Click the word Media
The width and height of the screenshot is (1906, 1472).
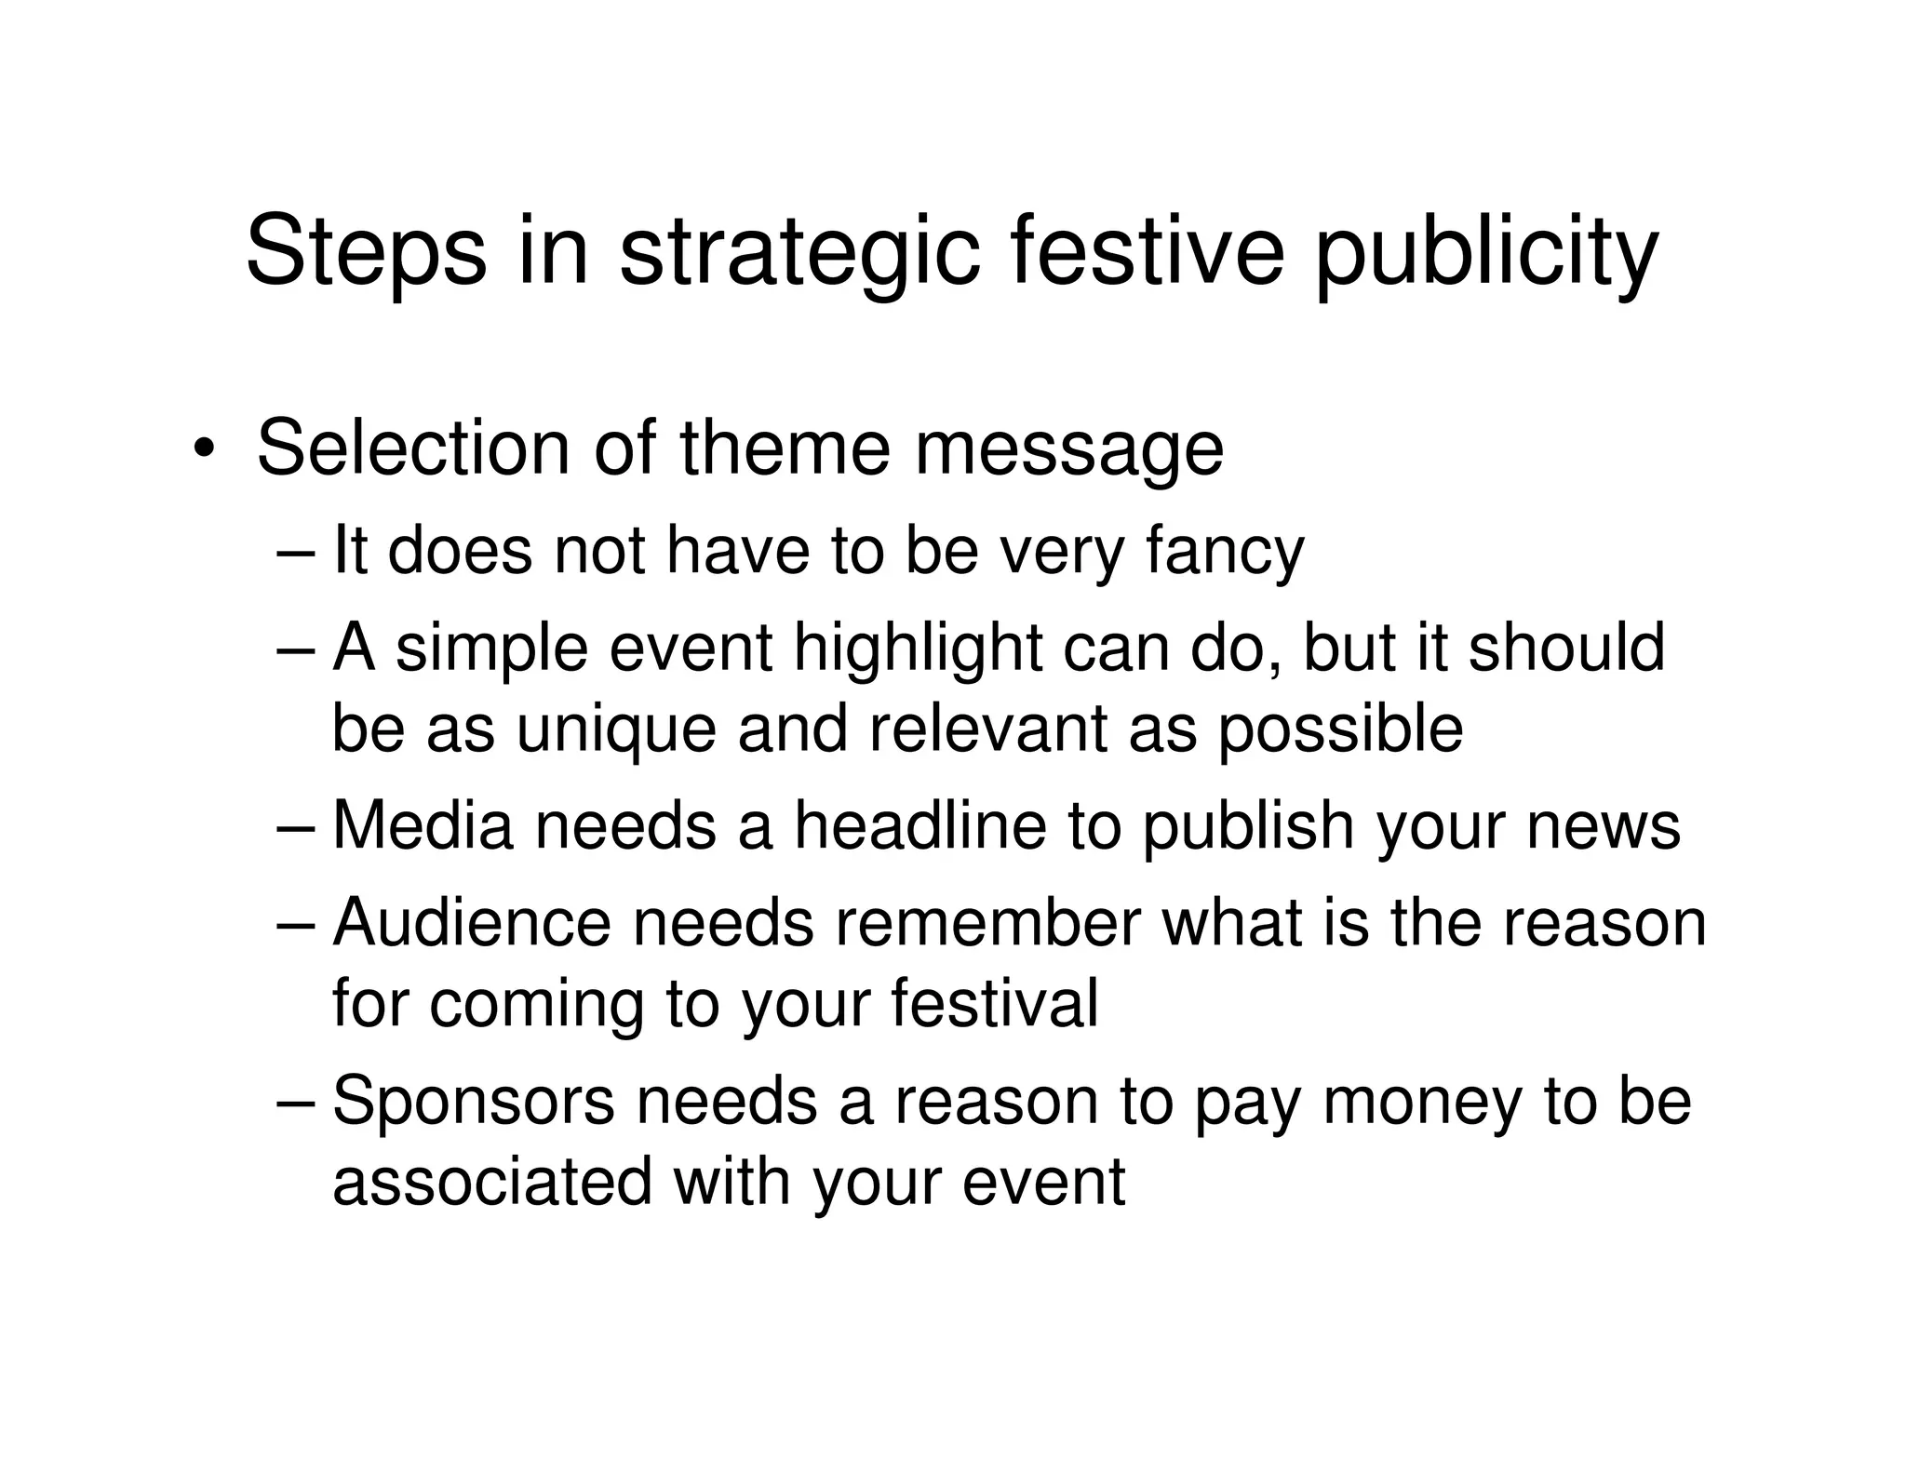click(x=423, y=825)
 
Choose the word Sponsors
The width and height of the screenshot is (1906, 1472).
click(x=474, y=1101)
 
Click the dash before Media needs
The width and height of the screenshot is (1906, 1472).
click(x=297, y=827)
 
